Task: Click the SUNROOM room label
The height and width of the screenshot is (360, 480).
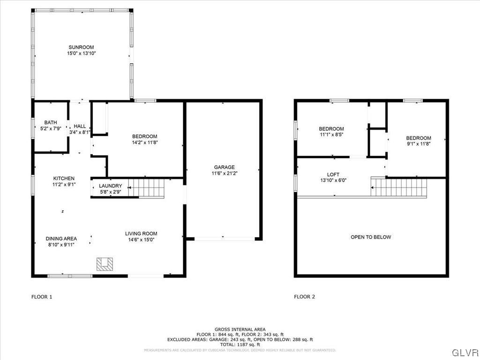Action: (x=81, y=47)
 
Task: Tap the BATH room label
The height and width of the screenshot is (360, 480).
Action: (x=51, y=123)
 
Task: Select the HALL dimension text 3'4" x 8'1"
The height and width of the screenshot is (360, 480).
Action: (x=80, y=132)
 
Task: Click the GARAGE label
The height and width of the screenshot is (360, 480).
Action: (x=224, y=167)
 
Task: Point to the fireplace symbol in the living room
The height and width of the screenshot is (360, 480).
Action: (x=105, y=264)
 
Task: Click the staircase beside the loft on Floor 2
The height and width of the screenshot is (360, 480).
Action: (x=399, y=187)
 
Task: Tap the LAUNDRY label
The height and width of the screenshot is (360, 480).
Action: (x=110, y=186)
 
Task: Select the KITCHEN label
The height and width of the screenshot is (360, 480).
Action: (x=64, y=179)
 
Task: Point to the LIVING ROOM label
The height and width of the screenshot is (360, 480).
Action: (x=141, y=233)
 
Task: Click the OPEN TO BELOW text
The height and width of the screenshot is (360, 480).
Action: (x=371, y=237)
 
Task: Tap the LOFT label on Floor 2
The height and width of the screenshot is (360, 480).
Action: (x=333, y=174)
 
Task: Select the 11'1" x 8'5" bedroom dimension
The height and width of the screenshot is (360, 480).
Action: (x=331, y=135)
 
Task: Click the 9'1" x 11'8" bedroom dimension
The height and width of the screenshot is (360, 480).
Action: (x=418, y=144)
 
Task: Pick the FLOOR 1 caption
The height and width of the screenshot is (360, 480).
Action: (x=42, y=297)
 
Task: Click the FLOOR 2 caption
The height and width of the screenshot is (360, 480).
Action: (x=305, y=297)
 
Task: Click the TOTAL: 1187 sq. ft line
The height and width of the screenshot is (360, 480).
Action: (x=240, y=345)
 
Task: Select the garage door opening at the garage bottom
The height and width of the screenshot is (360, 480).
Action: (x=224, y=239)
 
